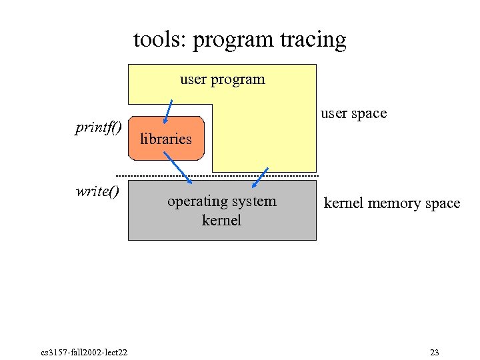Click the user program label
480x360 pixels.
coord(222,79)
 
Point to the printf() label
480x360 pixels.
coord(98,127)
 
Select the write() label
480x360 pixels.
coord(97,192)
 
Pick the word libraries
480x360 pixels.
coord(165,139)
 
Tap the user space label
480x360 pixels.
coord(353,113)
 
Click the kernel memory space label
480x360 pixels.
coord(391,203)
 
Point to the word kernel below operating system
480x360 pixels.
coord(221,219)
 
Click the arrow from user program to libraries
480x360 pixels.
coord(169,111)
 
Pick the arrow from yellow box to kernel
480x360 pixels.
coord(260,177)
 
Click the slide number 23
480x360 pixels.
coord(435,352)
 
